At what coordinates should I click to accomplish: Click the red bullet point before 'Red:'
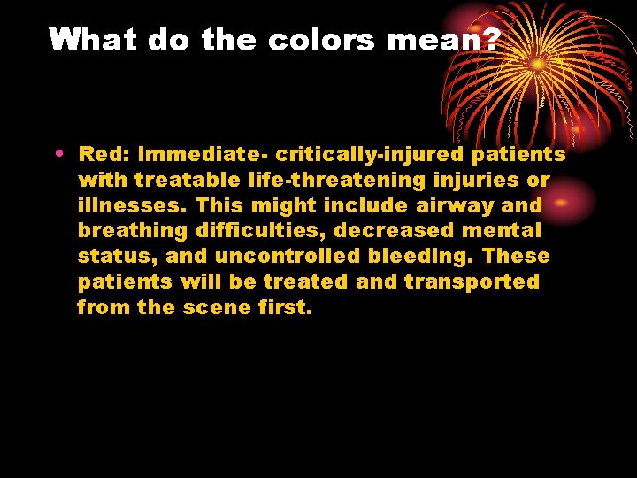coord(58,153)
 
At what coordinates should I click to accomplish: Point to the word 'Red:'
coord(105,155)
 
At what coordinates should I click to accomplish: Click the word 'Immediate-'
coord(203,155)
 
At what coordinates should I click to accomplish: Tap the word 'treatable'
coord(188,181)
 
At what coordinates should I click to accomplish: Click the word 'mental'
coord(499,232)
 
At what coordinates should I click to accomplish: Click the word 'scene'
coord(216,308)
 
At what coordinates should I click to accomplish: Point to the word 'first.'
coord(285,308)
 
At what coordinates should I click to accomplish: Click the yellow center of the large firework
coord(537,65)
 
